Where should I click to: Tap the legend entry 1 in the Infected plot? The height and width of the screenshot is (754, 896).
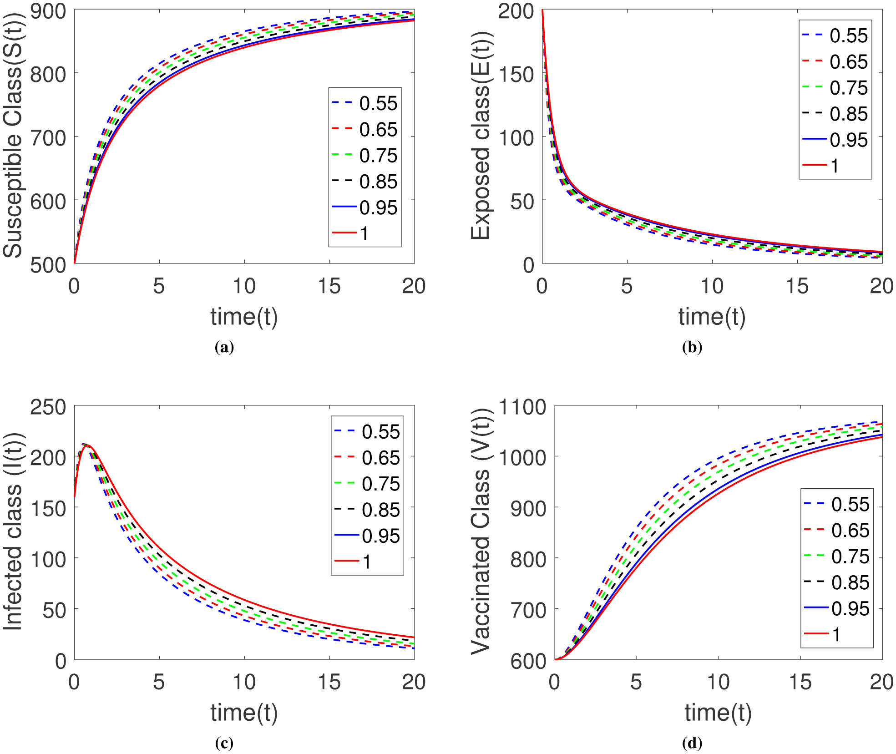click(x=366, y=562)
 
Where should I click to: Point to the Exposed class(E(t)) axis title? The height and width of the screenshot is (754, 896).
click(x=481, y=136)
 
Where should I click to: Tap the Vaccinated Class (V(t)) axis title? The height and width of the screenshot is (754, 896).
click(x=481, y=531)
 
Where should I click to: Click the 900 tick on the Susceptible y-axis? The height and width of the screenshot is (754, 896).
click(x=48, y=11)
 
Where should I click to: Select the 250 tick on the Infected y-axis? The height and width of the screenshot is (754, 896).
click(x=48, y=407)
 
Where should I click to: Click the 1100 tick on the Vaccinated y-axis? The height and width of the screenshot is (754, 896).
click(x=522, y=407)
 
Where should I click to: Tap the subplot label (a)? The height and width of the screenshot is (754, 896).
click(x=224, y=348)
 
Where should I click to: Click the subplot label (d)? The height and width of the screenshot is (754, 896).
click(x=692, y=744)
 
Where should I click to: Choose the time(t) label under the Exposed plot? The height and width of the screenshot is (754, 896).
click(x=712, y=317)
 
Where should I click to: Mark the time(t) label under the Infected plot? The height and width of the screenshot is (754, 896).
click(x=244, y=713)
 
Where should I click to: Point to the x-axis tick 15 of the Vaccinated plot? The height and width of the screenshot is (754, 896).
click(x=800, y=683)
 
